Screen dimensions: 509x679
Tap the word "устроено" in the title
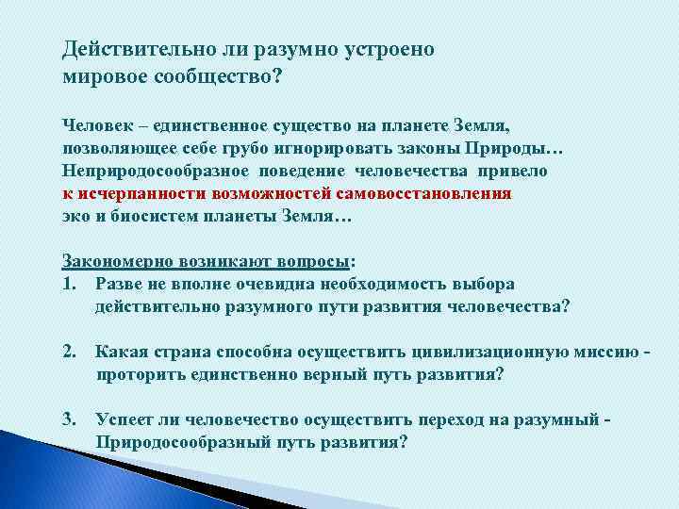point(388,49)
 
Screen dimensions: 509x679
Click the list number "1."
point(69,284)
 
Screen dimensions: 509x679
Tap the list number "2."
point(69,352)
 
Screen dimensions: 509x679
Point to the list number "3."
point(69,419)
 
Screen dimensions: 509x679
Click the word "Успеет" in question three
point(124,419)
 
